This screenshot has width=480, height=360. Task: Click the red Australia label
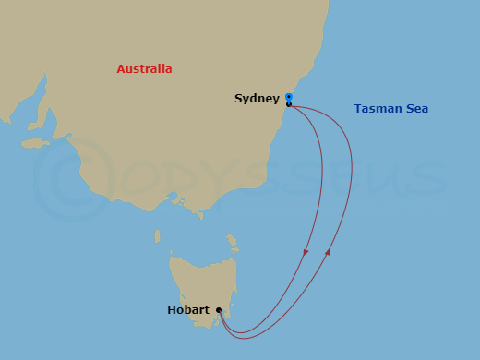click(144, 69)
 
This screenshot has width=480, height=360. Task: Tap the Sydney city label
click(257, 98)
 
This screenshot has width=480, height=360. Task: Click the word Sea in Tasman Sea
click(416, 109)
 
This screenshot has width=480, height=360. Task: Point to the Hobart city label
click(187, 310)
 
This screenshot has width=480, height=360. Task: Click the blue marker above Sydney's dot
click(289, 97)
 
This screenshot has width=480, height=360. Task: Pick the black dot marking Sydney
click(289, 104)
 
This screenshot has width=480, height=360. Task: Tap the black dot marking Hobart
click(219, 310)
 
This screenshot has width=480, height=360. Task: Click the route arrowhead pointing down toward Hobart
click(306, 252)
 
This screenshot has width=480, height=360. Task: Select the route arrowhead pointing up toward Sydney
click(329, 251)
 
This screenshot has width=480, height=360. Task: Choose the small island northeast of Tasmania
click(233, 244)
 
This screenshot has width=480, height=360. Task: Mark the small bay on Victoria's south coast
click(196, 213)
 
